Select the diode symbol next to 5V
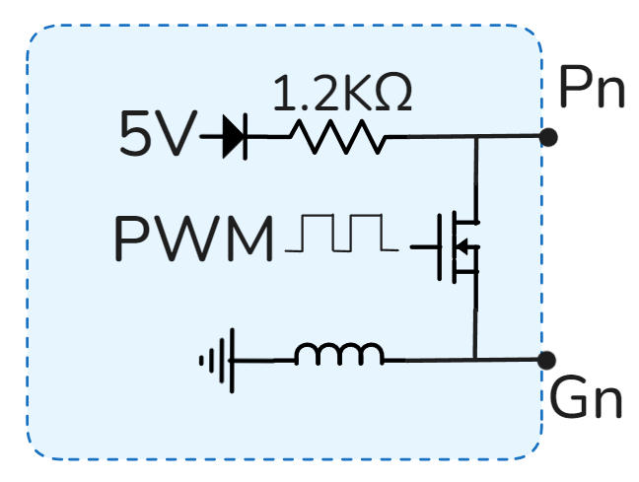point(234,137)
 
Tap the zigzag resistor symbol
point(336,137)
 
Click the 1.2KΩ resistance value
point(340,95)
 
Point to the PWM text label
point(193,240)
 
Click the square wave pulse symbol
point(341,236)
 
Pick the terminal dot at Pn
point(549,137)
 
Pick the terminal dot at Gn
point(549,360)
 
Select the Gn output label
point(587,401)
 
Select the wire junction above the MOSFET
point(475,137)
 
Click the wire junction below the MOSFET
point(475,360)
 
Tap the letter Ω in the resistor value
point(393,95)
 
